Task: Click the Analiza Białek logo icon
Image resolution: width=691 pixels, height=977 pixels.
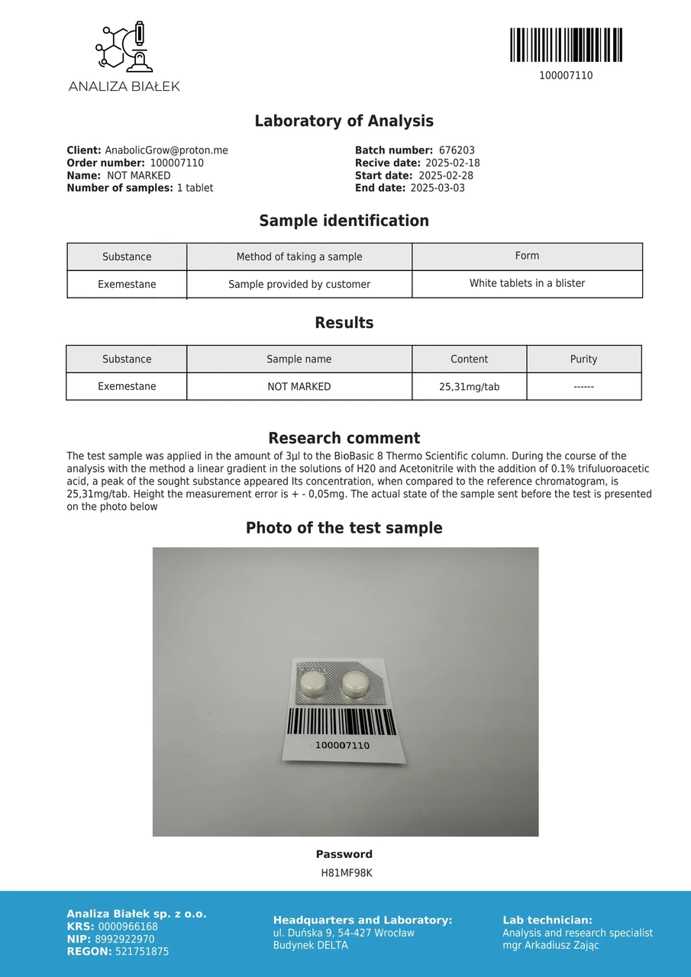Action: pos(124,48)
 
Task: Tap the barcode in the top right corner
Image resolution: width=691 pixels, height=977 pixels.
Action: pos(566,45)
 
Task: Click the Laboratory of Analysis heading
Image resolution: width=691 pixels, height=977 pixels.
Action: pos(344,121)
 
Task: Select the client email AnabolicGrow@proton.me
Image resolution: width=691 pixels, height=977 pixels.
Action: pos(166,150)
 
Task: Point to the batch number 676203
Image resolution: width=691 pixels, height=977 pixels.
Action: pos(457,150)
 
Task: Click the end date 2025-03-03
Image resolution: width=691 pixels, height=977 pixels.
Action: pos(438,188)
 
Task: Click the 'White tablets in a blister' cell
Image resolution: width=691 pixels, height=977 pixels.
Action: pos(527,283)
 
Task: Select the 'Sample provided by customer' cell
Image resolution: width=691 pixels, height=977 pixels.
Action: pos(299,284)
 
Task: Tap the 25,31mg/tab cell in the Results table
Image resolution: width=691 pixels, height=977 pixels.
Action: pos(469,387)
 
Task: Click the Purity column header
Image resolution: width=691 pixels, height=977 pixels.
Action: pos(583,359)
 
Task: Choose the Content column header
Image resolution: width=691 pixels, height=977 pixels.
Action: pos(469,359)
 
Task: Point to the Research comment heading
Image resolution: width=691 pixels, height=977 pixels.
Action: pos(344,438)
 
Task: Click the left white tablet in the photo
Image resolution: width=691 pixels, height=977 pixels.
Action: pos(312,682)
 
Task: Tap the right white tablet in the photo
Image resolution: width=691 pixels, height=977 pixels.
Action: pos(354,682)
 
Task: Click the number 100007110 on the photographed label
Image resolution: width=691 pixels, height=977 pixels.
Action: pos(342,745)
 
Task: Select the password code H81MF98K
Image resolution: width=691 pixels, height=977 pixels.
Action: pos(346,872)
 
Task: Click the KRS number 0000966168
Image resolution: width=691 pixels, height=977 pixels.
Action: pos(128,927)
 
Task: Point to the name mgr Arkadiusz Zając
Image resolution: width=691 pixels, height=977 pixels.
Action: pos(551,945)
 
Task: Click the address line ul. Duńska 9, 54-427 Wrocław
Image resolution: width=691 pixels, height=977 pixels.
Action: pos(344,933)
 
